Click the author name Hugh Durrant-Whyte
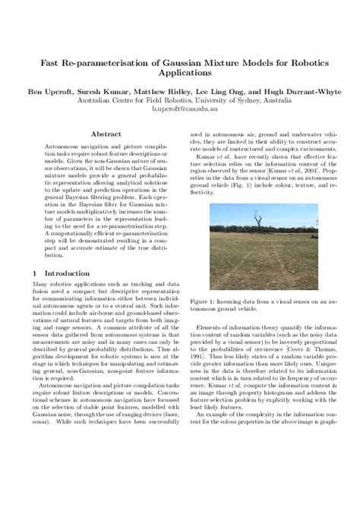(297, 90)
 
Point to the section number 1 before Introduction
(36, 272)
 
